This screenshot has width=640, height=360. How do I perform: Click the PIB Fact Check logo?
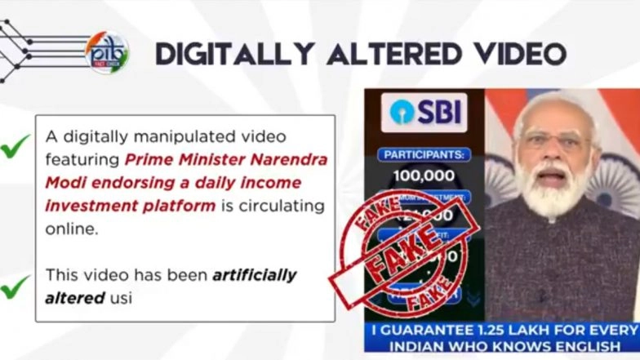(107, 52)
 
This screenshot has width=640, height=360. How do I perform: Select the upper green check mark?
(15, 147)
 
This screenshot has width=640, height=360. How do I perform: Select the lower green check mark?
(15, 287)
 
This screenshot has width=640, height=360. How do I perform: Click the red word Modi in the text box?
(61, 182)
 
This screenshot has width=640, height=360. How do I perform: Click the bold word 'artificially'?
(255, 275)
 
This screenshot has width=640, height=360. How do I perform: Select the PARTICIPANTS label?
(424, 154)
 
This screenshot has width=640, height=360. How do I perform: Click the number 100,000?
(424, 175)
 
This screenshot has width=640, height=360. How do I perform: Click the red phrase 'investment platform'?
(131, 205)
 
